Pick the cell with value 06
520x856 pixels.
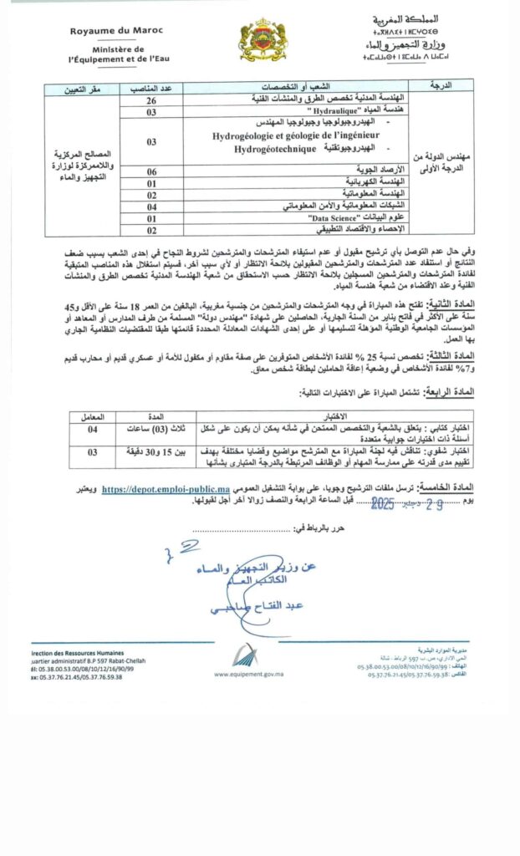point(151,171)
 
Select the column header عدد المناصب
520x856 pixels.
point(151,86)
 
